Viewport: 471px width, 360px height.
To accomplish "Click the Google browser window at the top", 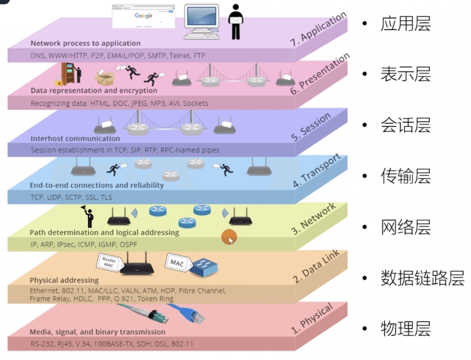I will [143, 17].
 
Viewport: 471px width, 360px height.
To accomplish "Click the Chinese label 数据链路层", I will [422, 278].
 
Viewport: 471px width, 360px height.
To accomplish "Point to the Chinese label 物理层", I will [405, 328].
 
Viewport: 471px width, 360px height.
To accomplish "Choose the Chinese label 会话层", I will [405, 126].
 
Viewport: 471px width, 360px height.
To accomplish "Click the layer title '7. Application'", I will [318, 31].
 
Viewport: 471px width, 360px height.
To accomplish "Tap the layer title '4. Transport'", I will [316, 171].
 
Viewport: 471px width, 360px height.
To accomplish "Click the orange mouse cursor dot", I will [228, 237].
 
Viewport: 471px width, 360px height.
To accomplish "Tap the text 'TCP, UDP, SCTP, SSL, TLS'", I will [71, 197].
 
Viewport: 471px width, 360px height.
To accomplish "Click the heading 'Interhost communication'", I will [75, 138].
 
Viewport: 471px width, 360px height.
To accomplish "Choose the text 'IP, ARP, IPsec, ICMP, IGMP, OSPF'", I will [84, 244].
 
